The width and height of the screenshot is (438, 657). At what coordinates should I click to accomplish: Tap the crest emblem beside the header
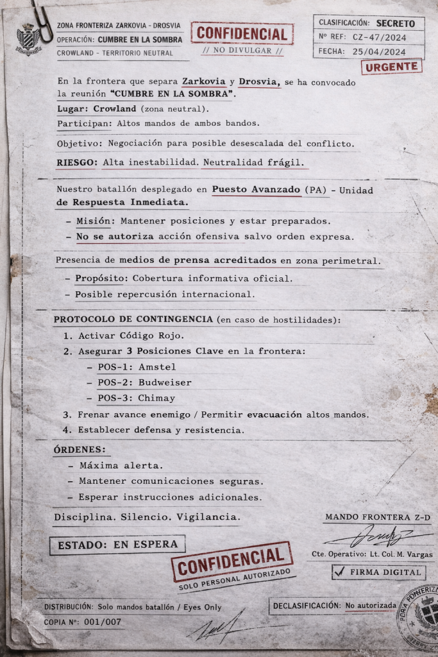tap(28, 39)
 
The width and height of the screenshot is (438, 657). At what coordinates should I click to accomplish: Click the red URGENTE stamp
tap(391, 67)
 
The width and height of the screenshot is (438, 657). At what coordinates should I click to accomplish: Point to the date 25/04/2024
tap(379, 51)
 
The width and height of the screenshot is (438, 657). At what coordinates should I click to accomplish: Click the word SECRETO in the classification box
tap(395, 23)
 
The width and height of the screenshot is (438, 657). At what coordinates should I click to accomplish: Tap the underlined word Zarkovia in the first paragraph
tap(203, 82)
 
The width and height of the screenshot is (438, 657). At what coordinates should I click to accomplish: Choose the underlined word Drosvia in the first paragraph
tap(259, 82)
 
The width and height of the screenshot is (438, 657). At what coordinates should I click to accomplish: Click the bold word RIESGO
tap(76, 162)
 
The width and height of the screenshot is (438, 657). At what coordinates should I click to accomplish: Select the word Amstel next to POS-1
tap(157, 367)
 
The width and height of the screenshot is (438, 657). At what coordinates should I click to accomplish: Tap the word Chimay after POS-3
tap(157, 398)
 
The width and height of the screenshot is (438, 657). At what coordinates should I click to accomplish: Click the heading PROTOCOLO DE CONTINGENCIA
tap(133, 320)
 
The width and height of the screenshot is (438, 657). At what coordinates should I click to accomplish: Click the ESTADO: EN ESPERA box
tap(117, 545)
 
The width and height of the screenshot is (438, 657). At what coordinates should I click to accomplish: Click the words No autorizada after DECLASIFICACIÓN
tap(370, 605)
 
